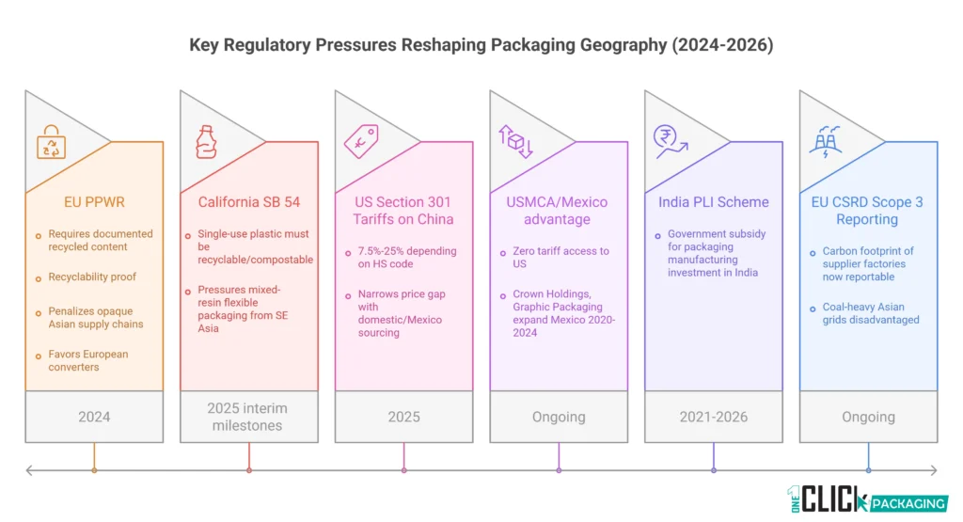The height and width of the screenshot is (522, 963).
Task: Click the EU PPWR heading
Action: (x=74, y=201)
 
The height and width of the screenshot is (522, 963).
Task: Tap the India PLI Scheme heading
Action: (x=713, y=201)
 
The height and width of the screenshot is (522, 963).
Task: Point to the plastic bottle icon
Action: (x=205, y=141)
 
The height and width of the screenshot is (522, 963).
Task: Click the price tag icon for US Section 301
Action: (x=360, y=141)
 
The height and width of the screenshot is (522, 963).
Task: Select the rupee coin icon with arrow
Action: (x=670, y=141)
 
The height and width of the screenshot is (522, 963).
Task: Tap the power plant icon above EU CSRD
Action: (x=825, y=141)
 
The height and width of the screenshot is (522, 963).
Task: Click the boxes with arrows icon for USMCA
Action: (x=515, y=141)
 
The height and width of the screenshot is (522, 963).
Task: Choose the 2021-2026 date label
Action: (x=713, y=417)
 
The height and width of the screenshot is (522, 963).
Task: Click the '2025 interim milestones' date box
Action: (x=249, y=417)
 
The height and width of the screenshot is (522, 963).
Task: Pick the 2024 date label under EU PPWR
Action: (x=94, y=417)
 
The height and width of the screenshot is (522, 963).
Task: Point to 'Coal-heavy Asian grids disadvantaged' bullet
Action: (x=862, y=312)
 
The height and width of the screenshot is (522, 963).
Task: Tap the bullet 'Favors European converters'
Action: (x=87, y=360)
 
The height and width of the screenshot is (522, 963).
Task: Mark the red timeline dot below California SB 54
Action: (x=249, y=470)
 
